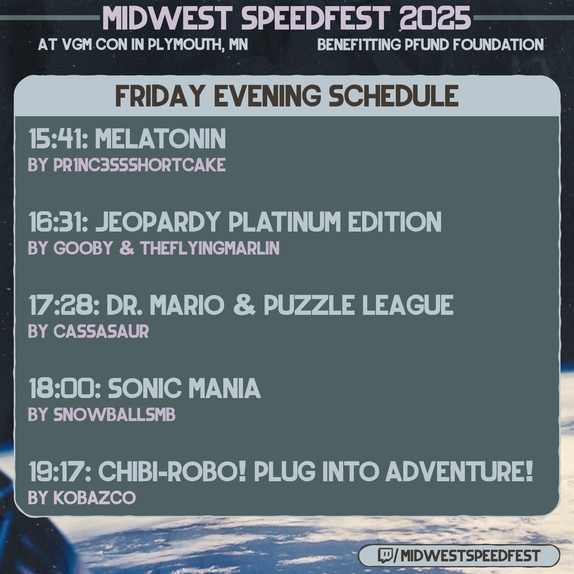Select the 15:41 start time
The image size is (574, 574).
click(x=58, y=139)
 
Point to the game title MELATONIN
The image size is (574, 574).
click(x=160, y=139)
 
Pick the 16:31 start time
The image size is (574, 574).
click(x=58, y=222)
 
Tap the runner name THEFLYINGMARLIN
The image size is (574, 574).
click(x=210, y=248)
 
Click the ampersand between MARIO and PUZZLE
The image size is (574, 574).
click(x=244, y=305)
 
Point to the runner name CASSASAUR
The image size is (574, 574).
click(x=101, y=331)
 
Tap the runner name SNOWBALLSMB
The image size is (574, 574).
click(x=115, y=414)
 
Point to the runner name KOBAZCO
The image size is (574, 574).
click(x=94, y=497)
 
